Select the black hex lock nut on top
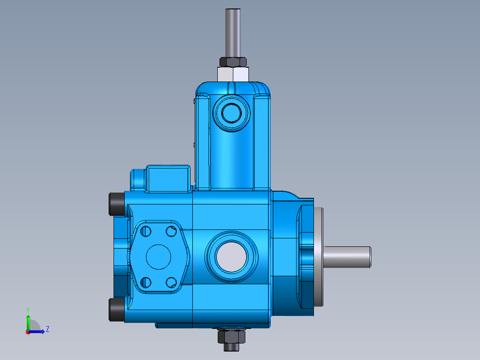coord(232,61)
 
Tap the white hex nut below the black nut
coord(232,74)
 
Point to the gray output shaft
coord(347,257)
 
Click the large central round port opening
coord(231,257)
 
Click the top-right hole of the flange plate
coord(171,231)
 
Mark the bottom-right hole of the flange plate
coord(171,282)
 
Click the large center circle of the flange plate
coord(159,257)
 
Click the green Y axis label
coord(28,309)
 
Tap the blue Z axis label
coord(47,329)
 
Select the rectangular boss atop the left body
coord(169,178)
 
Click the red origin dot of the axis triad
coord(28,331)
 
